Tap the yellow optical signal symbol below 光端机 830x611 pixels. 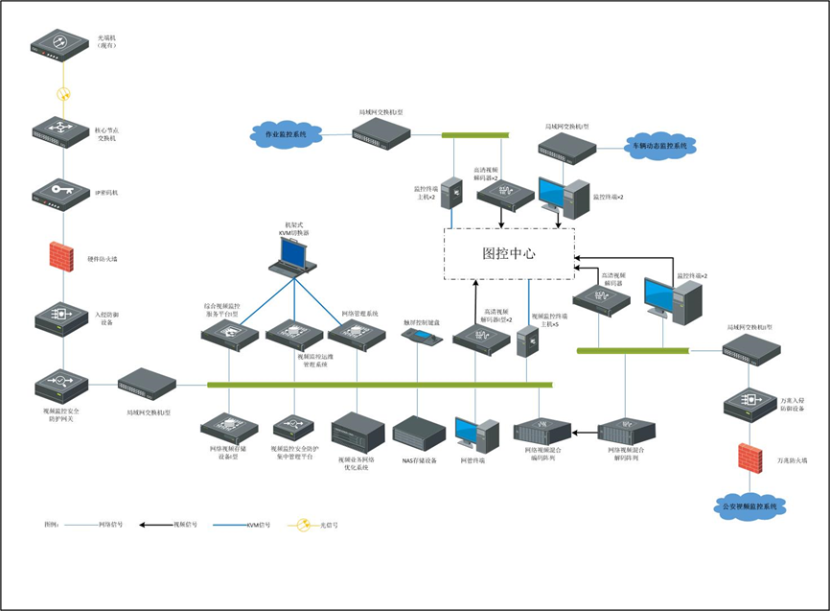pos(63,94)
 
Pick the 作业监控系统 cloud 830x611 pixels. pos(285,135)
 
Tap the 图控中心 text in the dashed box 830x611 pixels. pos(508,255)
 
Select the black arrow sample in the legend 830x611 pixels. pos(155,525)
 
